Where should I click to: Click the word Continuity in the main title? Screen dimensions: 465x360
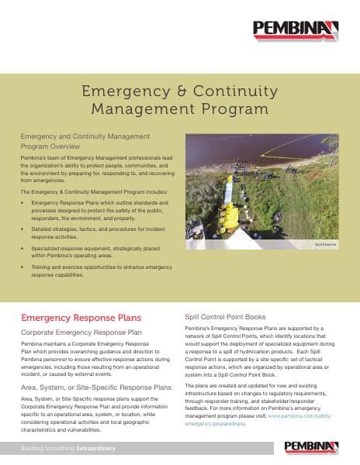click(225, 92)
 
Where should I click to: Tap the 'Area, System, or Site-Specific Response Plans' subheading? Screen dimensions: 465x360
click(96, 386)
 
